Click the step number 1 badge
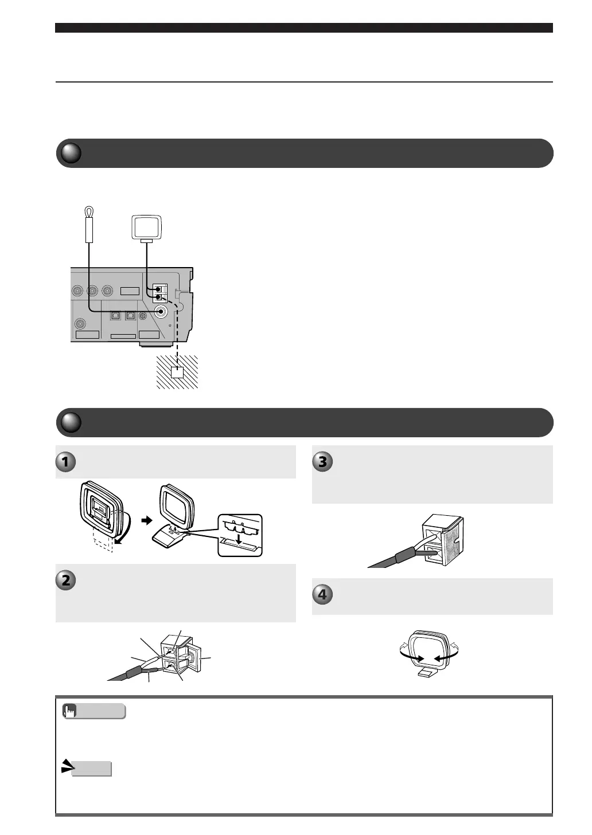point(65,461)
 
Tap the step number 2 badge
point(65,580)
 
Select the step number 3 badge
point(322,461)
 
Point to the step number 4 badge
point(322,595)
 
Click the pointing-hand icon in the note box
point(70,711)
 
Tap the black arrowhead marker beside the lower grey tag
point(68,766)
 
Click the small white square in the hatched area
point(178,372)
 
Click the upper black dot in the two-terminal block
point(158,289)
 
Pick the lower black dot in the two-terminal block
point(158,297)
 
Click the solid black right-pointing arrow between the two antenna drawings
point(147,520)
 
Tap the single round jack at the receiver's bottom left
point(80,323)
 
